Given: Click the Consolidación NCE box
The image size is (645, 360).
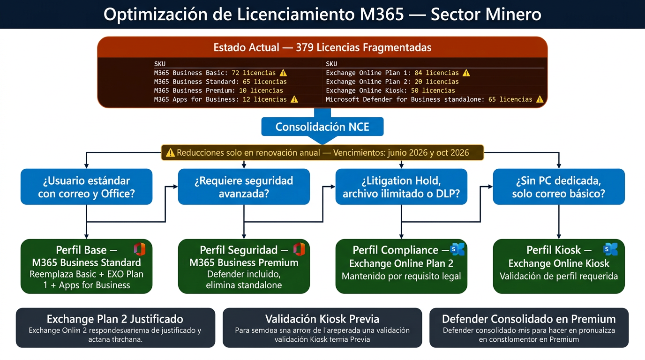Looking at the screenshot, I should pos(322,127).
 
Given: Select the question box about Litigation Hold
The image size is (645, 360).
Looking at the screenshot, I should pos(401,187).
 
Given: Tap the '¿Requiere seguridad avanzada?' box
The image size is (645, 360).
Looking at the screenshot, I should pos(244,187).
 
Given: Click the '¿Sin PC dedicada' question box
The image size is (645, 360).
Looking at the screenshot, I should pos(559,187).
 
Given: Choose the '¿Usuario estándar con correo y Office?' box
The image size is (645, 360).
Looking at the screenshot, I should pos(87,187).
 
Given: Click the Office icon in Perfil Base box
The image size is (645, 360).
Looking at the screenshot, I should pos(140,249).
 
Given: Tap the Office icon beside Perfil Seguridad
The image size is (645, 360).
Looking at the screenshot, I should pos(299,249).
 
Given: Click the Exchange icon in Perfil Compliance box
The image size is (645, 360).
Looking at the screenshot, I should pos(457,249).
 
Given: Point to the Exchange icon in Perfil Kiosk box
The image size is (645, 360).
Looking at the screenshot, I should pos(611,249).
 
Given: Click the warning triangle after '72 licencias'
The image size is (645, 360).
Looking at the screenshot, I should pos(283,73).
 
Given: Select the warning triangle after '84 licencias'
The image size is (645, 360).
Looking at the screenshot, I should pos(466,73).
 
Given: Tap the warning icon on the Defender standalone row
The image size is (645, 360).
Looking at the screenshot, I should pos(540,99).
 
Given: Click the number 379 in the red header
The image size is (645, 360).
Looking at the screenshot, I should pos(305,47).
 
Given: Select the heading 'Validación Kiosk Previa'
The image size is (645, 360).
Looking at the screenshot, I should pos(322,319).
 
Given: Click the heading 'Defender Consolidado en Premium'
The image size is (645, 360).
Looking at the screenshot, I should pos(529,319).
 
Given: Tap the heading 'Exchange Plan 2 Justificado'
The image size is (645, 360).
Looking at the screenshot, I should pos(115,319).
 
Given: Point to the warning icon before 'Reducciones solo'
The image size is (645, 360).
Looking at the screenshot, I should pos(170,152).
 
